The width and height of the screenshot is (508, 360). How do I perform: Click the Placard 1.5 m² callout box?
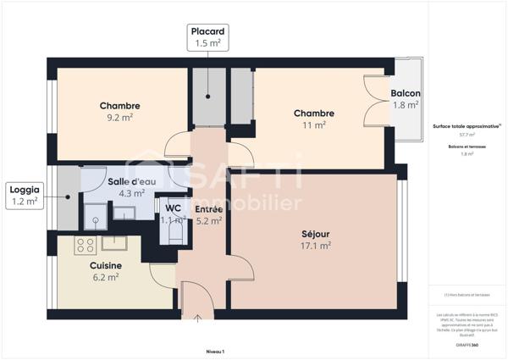point(208,37)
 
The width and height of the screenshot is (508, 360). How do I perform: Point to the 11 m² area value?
point(314,125)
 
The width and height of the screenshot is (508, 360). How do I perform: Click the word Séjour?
point(314,234)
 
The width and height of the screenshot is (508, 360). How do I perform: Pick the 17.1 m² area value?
point(314,246)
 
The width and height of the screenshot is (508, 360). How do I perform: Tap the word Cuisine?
point(106,265)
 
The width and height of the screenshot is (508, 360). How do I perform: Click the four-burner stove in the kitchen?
point(85,245)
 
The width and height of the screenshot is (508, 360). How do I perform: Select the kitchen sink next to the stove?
point(113,244)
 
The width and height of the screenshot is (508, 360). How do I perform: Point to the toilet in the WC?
point(175,230)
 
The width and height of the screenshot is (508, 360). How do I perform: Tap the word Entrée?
point(208,209)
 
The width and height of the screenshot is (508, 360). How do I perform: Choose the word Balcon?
point(406,93)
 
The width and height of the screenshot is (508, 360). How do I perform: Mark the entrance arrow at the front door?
point(197,319)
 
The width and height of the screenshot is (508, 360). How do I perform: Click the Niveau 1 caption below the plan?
point(215,350)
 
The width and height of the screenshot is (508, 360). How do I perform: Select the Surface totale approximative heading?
point(466,125)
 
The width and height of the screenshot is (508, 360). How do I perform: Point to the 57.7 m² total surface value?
point(467,135)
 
